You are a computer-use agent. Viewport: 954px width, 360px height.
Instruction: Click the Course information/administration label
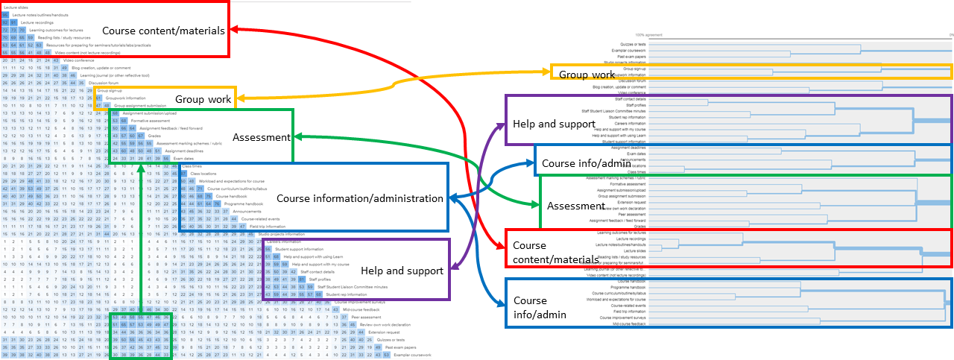[x=360, y=198]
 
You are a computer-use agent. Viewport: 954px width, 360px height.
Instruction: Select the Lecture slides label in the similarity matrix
[x=10, y=7]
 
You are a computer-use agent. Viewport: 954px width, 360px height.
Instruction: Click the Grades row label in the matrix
[x=154, y=136]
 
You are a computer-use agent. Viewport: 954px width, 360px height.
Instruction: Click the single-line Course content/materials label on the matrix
[x=163, y=31]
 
